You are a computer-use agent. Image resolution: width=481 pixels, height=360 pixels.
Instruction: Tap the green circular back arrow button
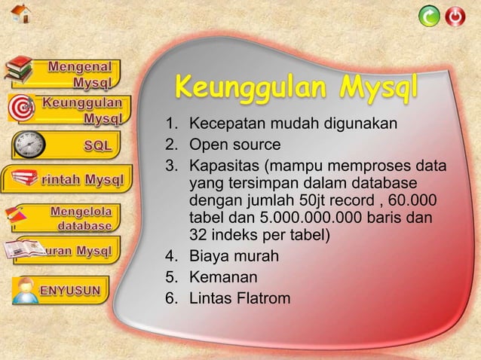click(430, 16)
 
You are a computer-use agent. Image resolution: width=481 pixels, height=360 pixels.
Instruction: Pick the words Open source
click(234, 145)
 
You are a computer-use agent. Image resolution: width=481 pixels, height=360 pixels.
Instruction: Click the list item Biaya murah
click(234, 258)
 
